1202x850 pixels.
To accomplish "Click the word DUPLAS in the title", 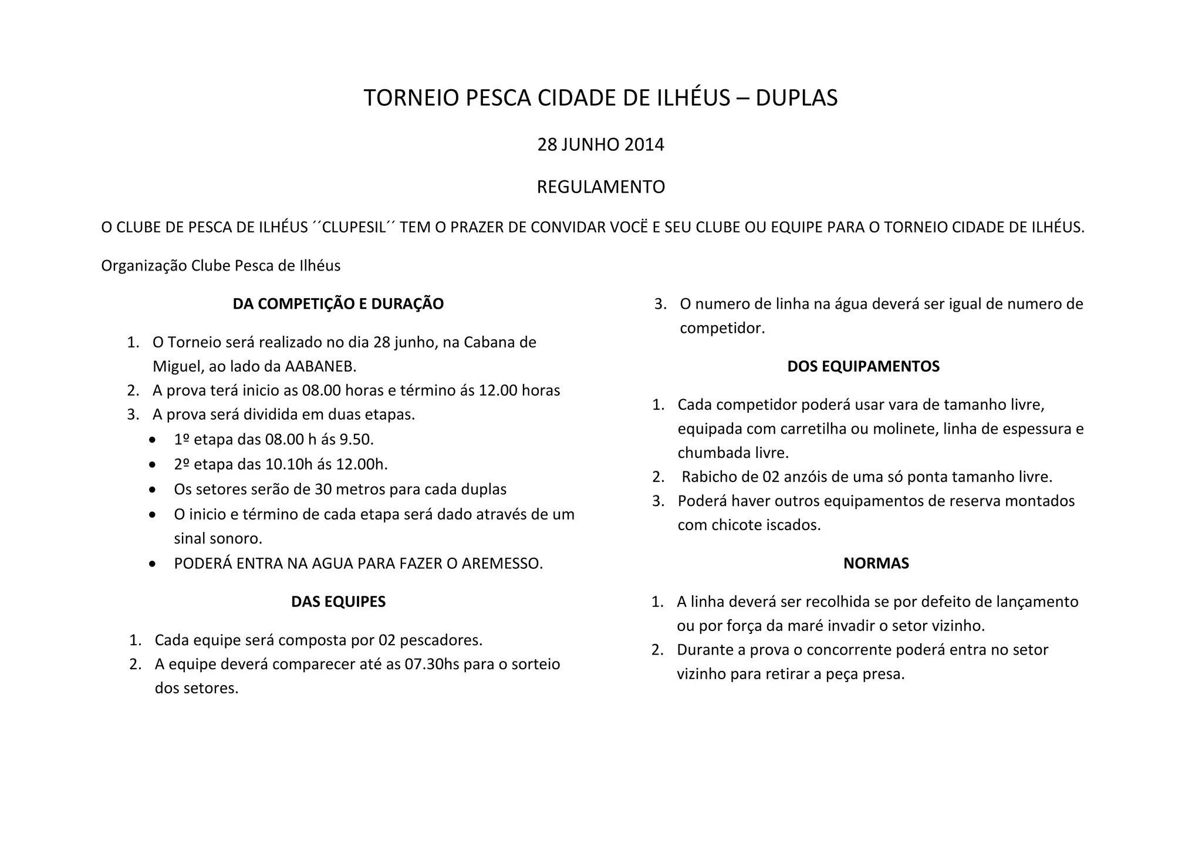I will (x=796, y=98).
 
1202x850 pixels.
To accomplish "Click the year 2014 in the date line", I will (x=644, y=144).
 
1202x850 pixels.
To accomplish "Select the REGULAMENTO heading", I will (x=600, y=187).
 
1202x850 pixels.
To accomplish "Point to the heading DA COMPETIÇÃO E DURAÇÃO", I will (x=338, y=304).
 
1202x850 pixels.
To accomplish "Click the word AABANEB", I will (x=320, y=366).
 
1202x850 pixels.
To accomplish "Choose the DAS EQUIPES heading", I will (x=338, y=602).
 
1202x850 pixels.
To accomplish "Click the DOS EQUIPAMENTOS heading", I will (x=863, y=366).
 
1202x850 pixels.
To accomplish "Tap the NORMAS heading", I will (x=876, y=564).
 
